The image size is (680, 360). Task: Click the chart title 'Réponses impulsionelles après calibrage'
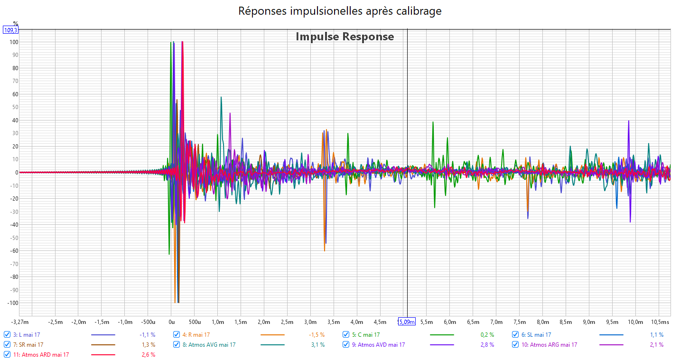(340, 11)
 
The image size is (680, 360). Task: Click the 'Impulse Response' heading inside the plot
(345, 37)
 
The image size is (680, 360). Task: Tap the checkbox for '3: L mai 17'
(7, 334)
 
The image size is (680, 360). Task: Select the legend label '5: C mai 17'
(366, 334)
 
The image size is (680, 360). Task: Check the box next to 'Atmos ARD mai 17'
(7, 354)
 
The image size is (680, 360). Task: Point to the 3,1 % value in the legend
(318, 345)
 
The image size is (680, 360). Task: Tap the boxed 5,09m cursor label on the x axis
(406, 322)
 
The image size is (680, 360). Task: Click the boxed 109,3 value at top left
(11, 30)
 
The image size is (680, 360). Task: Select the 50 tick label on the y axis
(15, 107)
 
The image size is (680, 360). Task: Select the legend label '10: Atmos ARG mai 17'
(549, 344)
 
